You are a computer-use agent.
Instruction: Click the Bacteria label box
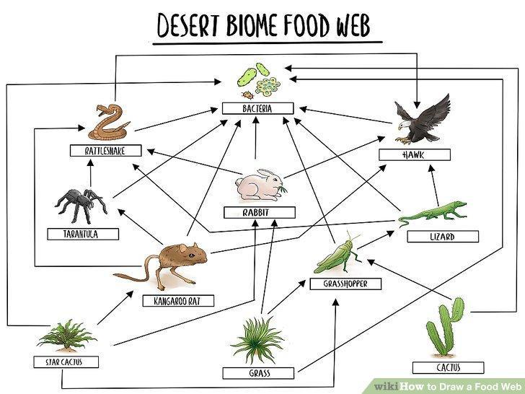[x=258, y=108]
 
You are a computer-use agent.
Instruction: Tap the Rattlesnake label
[x=105, y=151]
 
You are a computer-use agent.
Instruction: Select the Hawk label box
[x=415, y=154]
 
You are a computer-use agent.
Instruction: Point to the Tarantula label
[x=83, y=235]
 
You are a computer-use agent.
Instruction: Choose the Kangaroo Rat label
[x=178, y=301]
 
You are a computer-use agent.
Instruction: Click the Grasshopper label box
[x=345, y=284]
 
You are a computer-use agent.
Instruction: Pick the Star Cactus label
[x=66, y=362]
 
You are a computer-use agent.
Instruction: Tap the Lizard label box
[x=443, y=237]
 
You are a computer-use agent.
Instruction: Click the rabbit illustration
[x=260, y=185]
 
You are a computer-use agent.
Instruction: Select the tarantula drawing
[x=81, y=205]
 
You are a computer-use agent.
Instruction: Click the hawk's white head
[x=404, y=126]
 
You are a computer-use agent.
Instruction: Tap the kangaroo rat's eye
[x=191, y=255]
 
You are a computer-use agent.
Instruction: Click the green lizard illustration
[x=433, y=212]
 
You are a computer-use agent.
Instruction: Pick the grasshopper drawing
[x=337, y=253]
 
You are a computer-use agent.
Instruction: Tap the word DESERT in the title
[x=188, y=26]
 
